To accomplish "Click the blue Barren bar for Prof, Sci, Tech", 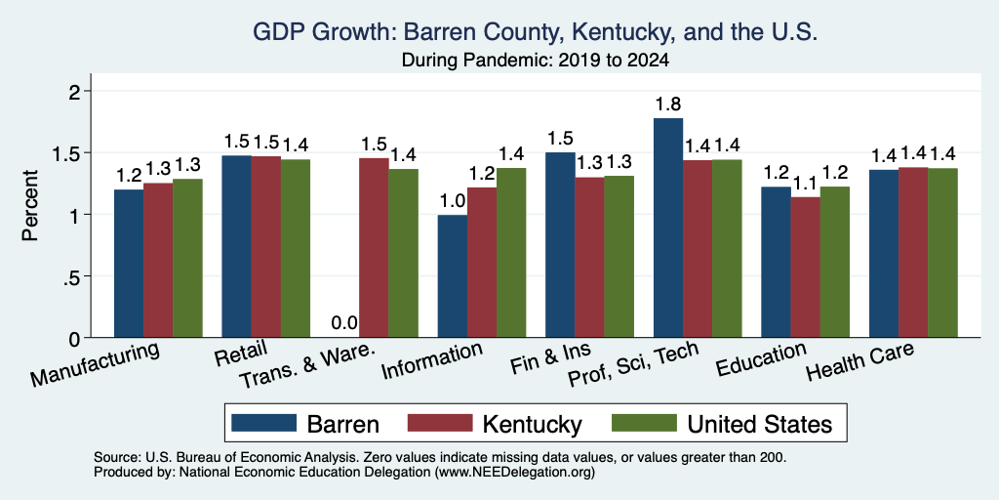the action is tap(668, 228).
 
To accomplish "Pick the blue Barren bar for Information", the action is tap(453, 276).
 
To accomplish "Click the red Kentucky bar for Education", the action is tap(805, 268).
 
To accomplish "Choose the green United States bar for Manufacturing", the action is tap(187, 258).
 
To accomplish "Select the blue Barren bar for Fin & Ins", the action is tap(560, 245).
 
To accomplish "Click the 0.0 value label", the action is tap(344, 324).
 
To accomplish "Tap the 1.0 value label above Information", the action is tap(453, 201).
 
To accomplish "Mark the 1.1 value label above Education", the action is tap(805, 184).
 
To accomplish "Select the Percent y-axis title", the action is tap(30, 205).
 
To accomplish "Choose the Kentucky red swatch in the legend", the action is tap(440, 423).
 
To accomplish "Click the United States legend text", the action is tap(759, 424).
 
